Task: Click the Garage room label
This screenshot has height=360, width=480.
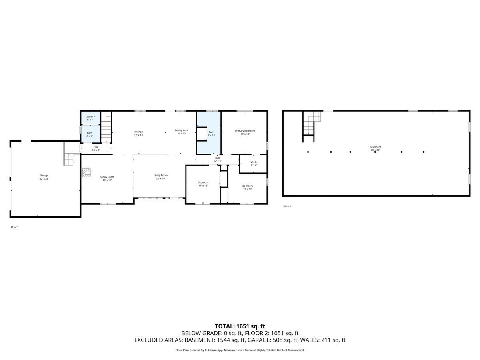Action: point(44,177)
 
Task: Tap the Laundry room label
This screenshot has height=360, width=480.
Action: point(90,118)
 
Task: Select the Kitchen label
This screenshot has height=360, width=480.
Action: point(138,133)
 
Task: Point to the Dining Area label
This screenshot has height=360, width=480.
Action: point(181,132)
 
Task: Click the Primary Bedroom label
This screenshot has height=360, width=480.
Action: point(245,132)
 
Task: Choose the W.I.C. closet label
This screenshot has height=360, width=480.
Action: point(254,164)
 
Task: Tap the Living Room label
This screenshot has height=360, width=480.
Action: point(161,177)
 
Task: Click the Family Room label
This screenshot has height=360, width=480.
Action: point(107,178)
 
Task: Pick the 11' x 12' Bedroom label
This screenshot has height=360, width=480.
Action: point(203,184)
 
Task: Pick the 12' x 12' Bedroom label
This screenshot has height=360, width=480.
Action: point(247,187)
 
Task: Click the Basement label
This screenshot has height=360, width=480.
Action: point(375,148)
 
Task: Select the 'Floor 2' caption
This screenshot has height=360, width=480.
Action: point(15,227)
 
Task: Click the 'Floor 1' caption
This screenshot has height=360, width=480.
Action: point(287,206)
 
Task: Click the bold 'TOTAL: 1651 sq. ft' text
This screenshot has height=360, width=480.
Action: point(240,326)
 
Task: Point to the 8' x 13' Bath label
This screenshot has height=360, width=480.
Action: point(211,134)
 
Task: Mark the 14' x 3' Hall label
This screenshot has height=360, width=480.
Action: point(217,160)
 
